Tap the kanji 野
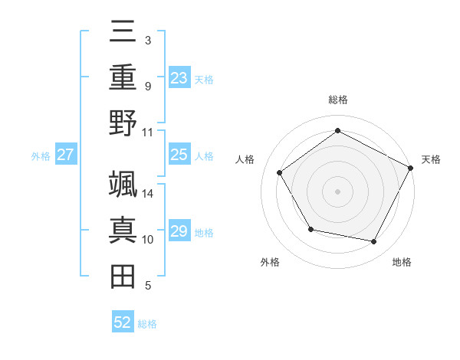[x=123, y=123]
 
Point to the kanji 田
[x=123, y=276]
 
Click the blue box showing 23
[x=179, y=77]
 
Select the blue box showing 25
[x=179, y=155]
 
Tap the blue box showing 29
[x=179, y=231]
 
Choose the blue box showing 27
[x=66, y=155]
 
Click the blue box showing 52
[x=123, y=322]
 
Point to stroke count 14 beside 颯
[x=149, y=194]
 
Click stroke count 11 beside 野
[x=149, y=133]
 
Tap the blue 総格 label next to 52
[x=147, y=324]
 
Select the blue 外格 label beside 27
[x=41, y=156]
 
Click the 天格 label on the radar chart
[x=431, y=159]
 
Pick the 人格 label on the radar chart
[x=245, y=159]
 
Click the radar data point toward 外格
[x=310, y=229]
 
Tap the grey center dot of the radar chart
[x=337, y=191]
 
